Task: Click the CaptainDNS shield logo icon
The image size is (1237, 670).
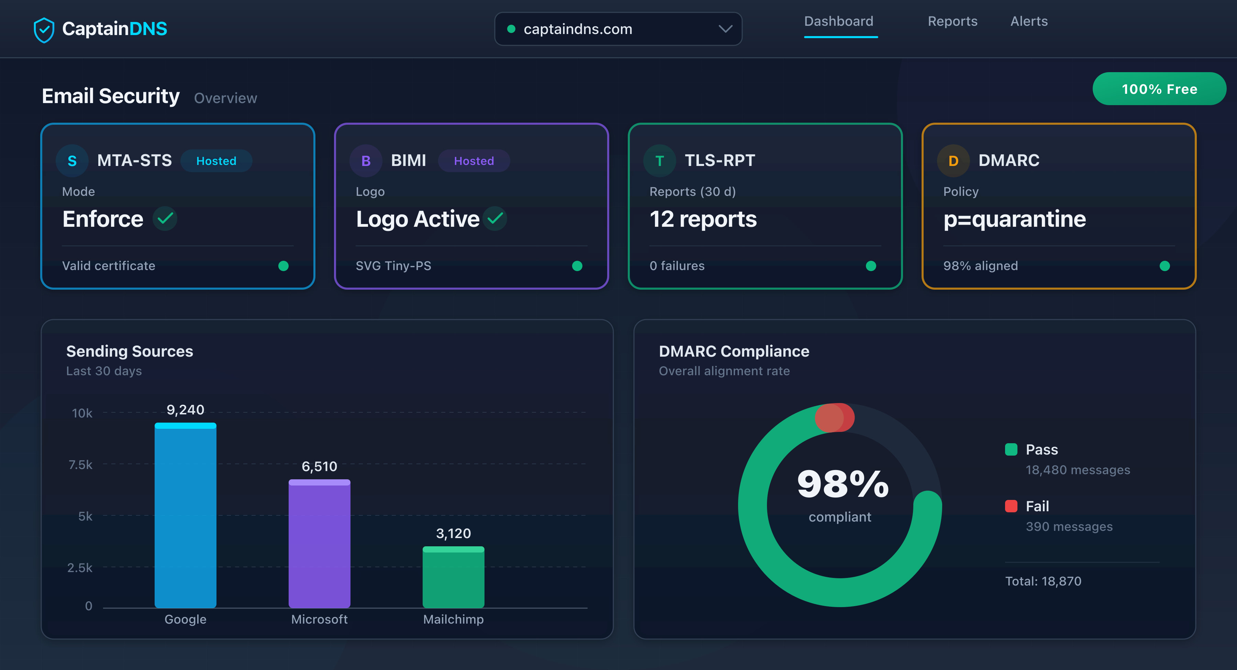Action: [x=44, y=30]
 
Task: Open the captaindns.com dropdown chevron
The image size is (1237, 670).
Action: [x=725, y=29]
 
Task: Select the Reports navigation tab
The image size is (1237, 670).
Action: [x=952, y=21]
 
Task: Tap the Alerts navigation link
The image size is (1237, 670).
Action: [x=1028, y=21]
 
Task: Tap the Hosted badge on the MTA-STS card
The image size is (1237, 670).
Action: [x=216, y=161]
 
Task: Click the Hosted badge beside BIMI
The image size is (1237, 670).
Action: [x=473, y=161]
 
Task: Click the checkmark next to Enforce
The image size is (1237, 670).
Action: [x=165, y=219]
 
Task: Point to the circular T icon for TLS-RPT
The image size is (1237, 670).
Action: [x=659, y=161]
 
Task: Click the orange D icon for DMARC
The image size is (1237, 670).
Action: [x=953, y=161]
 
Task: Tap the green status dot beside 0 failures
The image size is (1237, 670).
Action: [x=871, y=266]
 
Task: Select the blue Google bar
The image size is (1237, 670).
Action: [x=185, y=516]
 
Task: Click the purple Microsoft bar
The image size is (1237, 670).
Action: [x=319, y=545]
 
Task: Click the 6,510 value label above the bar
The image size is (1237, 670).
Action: [x=319, y=466]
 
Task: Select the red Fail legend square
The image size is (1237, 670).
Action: [x=1011, y=506]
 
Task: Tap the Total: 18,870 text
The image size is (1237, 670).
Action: [x=1043, y=581]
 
